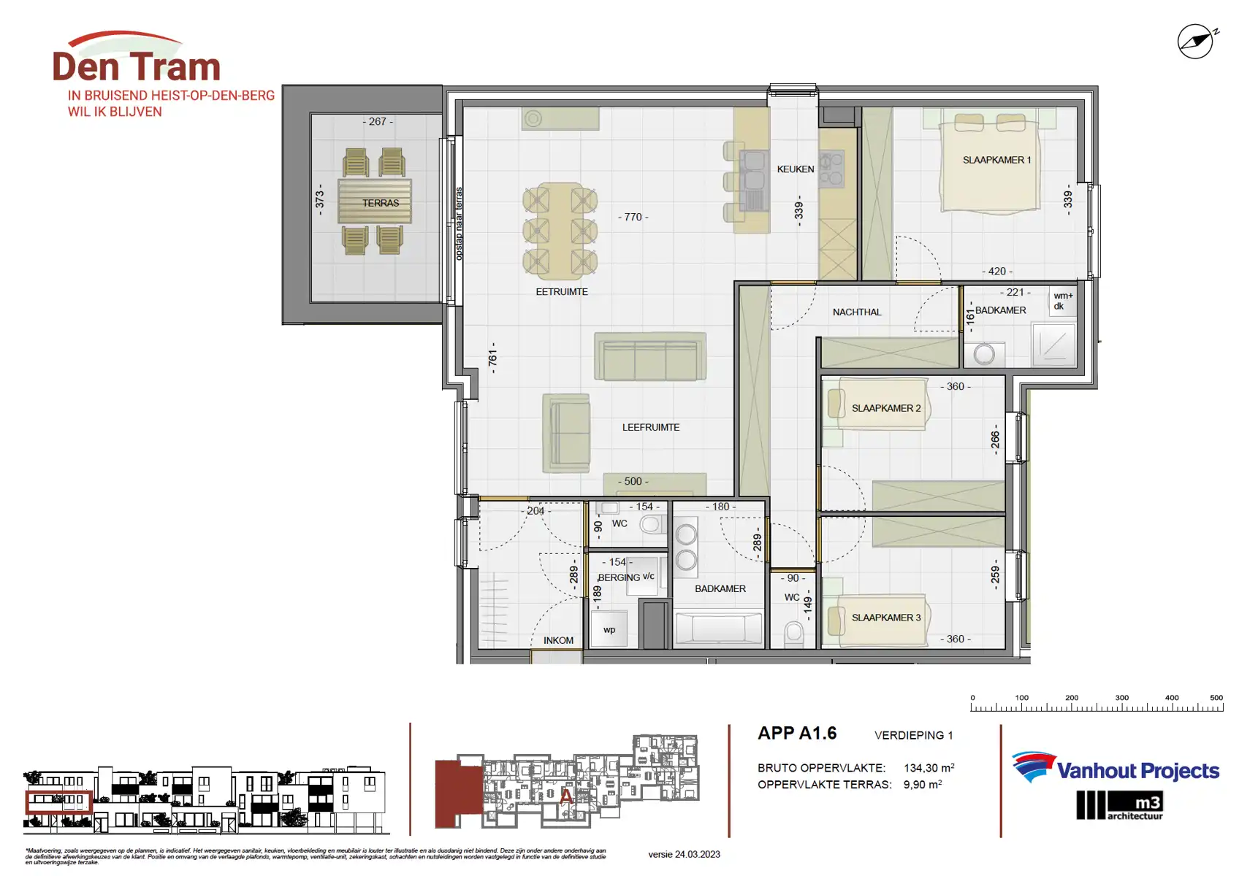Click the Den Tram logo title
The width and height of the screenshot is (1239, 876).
click(x=137, y=66)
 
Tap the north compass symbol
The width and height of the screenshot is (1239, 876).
click(x=1196, y=42)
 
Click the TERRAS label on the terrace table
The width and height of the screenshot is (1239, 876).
click(x=381, y=203)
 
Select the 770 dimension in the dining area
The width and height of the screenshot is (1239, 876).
click(x=633, y=217)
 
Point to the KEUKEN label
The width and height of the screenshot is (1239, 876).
click(x=795, y=169)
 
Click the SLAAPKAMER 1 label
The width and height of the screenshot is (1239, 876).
click(x=996, y=160)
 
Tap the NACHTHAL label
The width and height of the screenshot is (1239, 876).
click(x=856, y=312)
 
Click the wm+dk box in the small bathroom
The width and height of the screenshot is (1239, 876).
click(x=1063, y=301)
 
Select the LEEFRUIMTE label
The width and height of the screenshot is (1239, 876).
click(x=650, y=427)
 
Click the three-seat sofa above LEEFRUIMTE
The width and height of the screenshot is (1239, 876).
click(x=649, y=357)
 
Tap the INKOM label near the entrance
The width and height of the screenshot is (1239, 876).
click(x=558, y=640)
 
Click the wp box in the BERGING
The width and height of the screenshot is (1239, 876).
click(x=609, y=629)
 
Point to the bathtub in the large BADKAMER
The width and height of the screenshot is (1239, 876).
click(x=719, y=628)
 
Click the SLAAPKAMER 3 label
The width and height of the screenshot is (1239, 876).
click(x=885, y=618)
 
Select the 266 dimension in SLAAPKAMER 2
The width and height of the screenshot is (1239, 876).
click(x=995, y=440)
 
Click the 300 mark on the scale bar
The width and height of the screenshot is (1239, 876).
click(x=1121, y=698)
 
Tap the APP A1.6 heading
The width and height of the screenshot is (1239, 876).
click(x=797, y=733)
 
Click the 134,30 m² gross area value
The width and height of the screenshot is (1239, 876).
click(x=929, y=768)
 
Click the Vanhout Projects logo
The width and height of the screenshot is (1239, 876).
click(x=1116, y=769)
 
